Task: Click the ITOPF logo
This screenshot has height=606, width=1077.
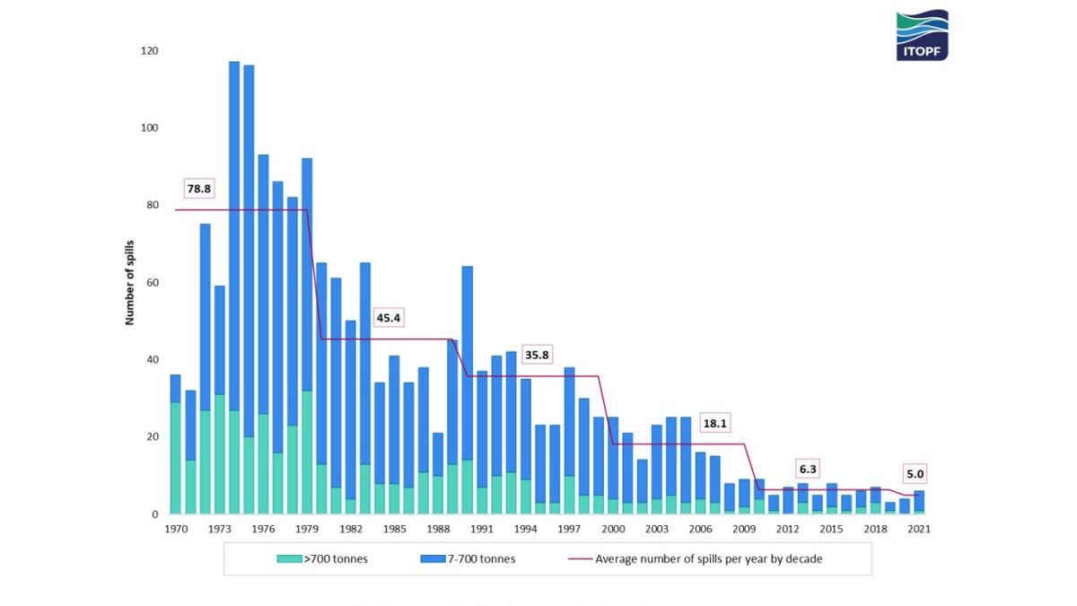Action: click(x=922, y=35)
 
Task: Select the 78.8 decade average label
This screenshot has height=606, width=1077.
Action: click(x=198, y=189)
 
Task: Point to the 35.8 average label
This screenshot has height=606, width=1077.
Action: click(x=537, y=356)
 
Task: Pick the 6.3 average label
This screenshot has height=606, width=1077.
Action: click(x=807, y=469)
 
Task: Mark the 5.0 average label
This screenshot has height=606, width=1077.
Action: click(x=915, y=474)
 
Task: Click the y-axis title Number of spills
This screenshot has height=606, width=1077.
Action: click(x=130, y=283)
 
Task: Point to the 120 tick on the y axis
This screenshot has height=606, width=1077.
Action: click(x=150, y=51)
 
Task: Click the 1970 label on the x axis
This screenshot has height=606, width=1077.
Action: click(x=176, y=529)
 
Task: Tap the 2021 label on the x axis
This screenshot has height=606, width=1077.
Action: click(x=919, y=529)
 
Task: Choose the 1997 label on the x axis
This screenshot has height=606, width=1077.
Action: click(x=569, y=529)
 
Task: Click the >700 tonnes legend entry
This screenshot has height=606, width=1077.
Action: click(x=323, y=558)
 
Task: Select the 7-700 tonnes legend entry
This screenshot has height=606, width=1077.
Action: click(x=468, y=558)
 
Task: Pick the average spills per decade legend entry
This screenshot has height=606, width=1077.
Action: click(x=696, y=558)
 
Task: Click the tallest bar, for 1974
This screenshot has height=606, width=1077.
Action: click(x=234, y=287)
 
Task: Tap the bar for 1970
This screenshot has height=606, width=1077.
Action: click(x=176, y=444)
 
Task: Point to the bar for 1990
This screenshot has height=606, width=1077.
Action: click(x=467, y=391)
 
